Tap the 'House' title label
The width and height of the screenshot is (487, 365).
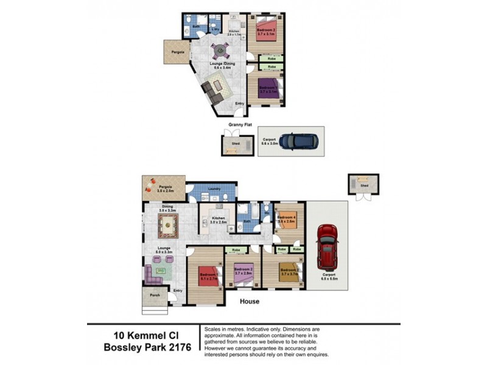pyautogui.click(x=249, y=301)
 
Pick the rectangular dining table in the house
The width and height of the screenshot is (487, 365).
pyautogui.click(x=168, y=225)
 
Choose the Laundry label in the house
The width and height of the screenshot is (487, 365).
pyautogui.click(x=213, y=189)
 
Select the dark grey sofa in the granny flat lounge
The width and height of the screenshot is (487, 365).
pyautogui.click(x=209, y=91)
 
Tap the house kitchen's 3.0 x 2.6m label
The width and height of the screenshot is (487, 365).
pyautogui.click(x=218, y=223)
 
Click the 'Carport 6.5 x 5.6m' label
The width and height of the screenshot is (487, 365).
pyautogui.click(x=328, y=277)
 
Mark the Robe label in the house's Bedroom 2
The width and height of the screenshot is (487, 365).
pyautogui.click(x=237, y=250)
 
